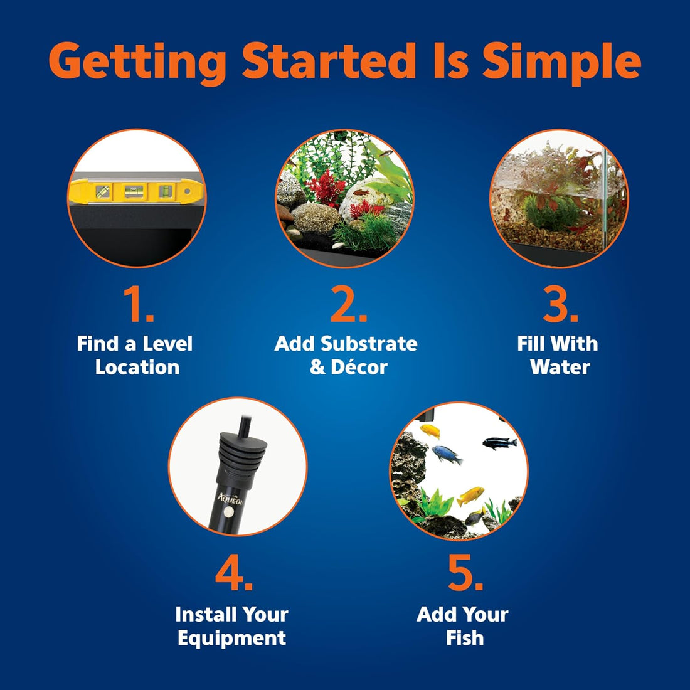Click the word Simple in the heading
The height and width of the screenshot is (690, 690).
(561, 63)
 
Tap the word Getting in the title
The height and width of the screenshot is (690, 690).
(137, 63)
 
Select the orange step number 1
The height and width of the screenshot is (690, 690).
(138, 304)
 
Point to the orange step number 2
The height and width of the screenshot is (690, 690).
(349, 304)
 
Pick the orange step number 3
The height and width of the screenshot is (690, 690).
(560, 304)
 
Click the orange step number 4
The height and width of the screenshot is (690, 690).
(234, 572)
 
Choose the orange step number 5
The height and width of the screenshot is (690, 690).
(465, 572)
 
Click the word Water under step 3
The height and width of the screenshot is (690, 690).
(560, 367)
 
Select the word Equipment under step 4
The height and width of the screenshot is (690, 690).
(232, 639)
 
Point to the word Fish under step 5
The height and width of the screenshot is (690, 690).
(465, 638)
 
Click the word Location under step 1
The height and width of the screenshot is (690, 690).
(137, 367)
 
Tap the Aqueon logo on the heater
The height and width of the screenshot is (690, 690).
(230, 499)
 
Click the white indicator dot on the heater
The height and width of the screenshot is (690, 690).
(228, 512)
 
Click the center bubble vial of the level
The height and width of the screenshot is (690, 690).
(134, 191)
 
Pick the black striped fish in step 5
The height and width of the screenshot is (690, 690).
(499, 443)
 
